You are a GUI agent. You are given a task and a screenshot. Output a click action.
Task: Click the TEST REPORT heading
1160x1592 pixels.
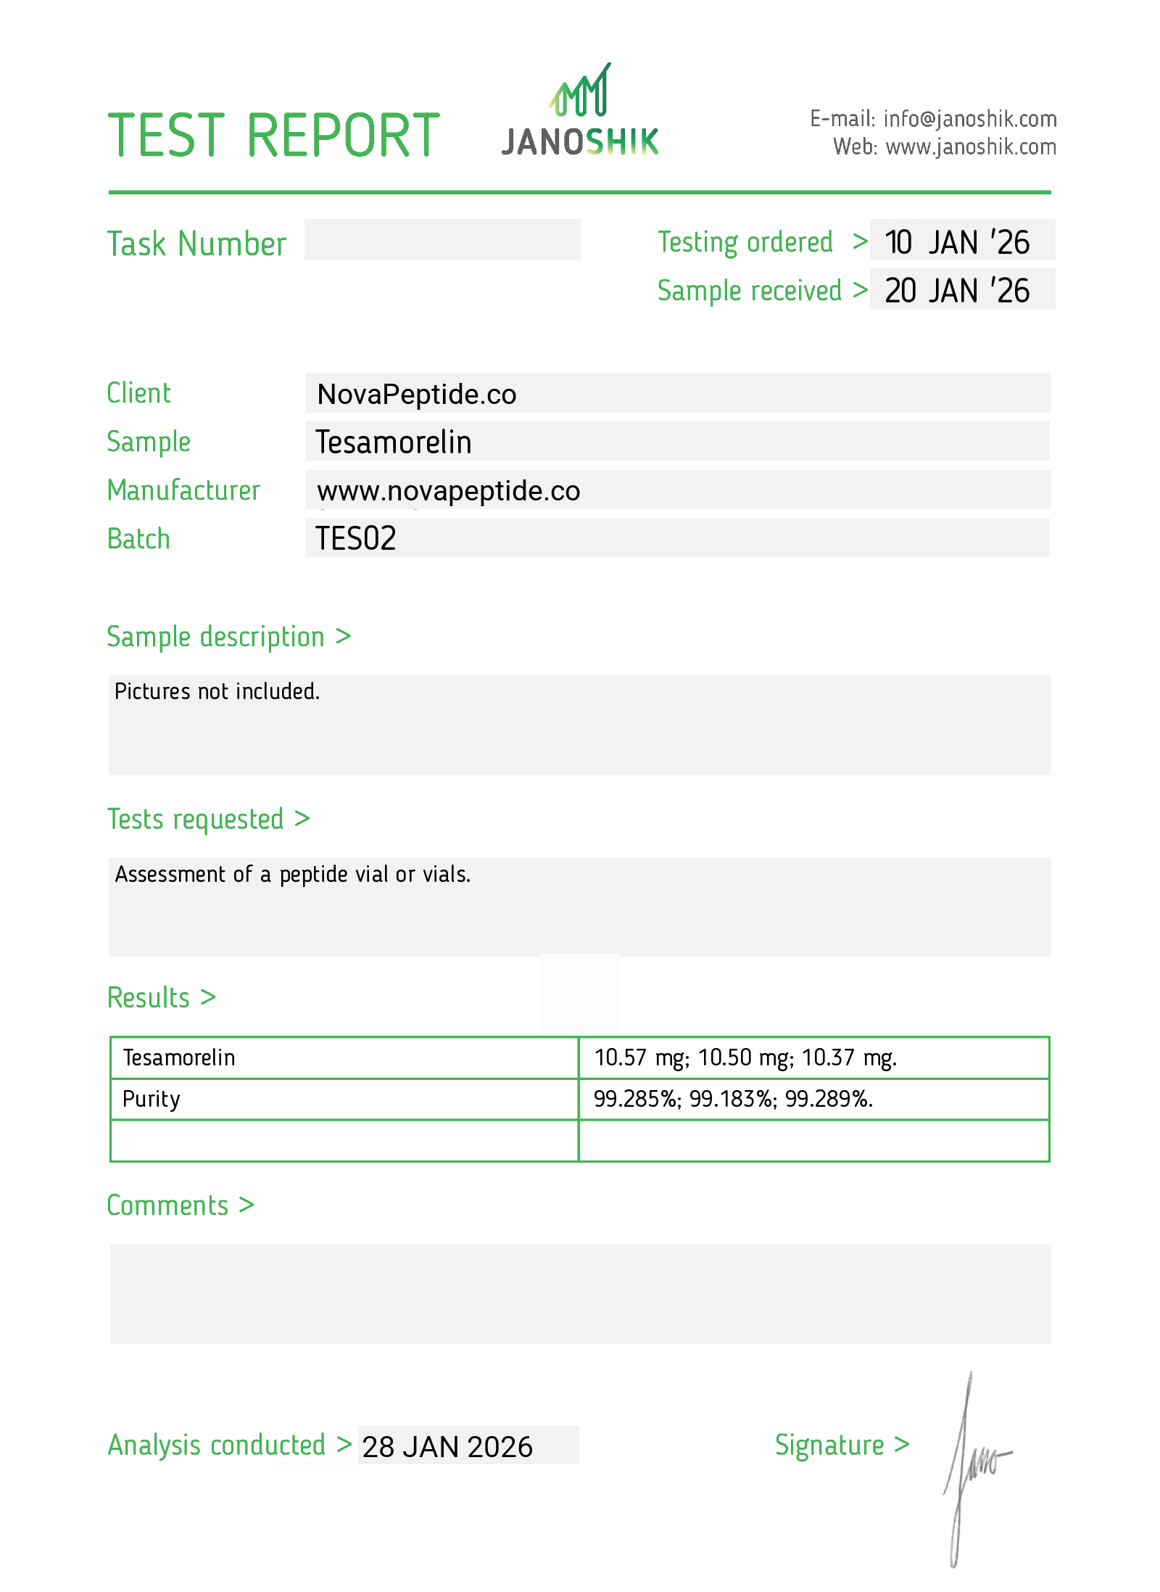click(x=273, y=136)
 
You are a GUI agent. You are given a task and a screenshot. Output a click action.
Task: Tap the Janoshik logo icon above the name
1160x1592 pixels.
click(x=580, y=91)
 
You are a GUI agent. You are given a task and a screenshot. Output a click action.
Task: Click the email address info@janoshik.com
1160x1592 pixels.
click(x=969, y=119)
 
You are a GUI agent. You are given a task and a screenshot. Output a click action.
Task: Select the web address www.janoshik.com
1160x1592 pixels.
click(x=970, y=147)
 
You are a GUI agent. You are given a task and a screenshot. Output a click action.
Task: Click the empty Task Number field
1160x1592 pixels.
click(x=442, y=240)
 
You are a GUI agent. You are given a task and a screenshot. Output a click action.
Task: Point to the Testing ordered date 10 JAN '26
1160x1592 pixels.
click(x=957, y=242)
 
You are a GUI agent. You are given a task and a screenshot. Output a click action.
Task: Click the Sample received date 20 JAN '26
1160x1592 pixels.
click(x=957, y=291)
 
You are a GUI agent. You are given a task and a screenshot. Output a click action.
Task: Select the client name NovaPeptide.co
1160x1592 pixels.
click(x=417, y=395)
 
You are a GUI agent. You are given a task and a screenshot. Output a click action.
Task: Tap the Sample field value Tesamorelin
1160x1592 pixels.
click(x=394, y=442)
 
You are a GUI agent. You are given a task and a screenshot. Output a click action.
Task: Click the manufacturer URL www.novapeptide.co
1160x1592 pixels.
click(x=449, y=491)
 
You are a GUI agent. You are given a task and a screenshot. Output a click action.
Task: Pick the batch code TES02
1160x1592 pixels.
click(x=356, y=539)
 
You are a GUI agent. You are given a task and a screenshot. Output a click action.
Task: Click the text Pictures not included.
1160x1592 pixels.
click(x=217, y=692)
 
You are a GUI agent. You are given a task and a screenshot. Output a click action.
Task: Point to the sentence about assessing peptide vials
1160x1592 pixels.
click(x=293, y=875)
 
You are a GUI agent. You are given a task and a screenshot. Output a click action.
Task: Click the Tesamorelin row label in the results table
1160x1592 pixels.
click(x=179, y=1058)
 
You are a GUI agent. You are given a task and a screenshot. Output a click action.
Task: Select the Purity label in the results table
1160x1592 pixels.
click(x=151, y=1100)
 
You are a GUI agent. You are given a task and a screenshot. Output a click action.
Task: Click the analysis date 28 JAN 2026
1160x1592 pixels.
click(x=447, y=1447)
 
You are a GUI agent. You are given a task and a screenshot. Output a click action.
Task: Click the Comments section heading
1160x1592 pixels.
click(x=167, y=1206)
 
